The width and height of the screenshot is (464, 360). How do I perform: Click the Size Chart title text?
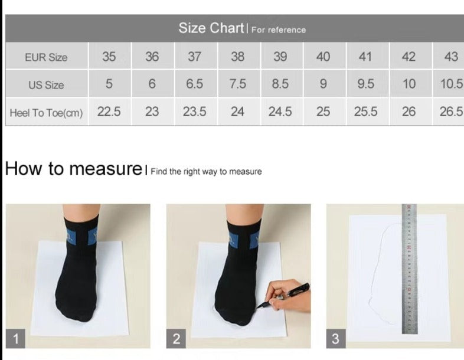(211, 28)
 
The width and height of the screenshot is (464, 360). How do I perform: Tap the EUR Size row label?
(46, 57)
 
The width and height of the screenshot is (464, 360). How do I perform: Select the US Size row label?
(46, 85)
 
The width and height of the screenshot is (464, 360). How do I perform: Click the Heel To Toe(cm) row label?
(46, 113)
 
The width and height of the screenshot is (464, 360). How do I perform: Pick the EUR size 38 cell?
(238, 57)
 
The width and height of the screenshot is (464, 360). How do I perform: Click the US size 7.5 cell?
(238, 84)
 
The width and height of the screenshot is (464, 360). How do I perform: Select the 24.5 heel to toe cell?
(280, 112)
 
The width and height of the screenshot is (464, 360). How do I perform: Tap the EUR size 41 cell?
(366, 57)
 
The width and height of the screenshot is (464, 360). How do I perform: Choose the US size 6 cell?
(152, 84)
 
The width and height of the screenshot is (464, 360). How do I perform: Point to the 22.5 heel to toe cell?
(109, 112)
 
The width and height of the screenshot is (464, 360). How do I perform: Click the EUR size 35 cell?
(109, 57)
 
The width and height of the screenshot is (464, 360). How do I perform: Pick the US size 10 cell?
(409, 84)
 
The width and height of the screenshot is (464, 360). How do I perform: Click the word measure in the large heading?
(106, 169)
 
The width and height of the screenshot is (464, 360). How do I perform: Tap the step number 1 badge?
(15, 338)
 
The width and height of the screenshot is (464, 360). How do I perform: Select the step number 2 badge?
(176, 338)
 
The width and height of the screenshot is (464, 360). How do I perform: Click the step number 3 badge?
(336, 338)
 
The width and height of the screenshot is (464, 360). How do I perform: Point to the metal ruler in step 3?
(410, 269)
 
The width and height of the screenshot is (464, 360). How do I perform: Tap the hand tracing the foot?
(287, 296)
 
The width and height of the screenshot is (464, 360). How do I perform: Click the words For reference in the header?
(279, 30)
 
